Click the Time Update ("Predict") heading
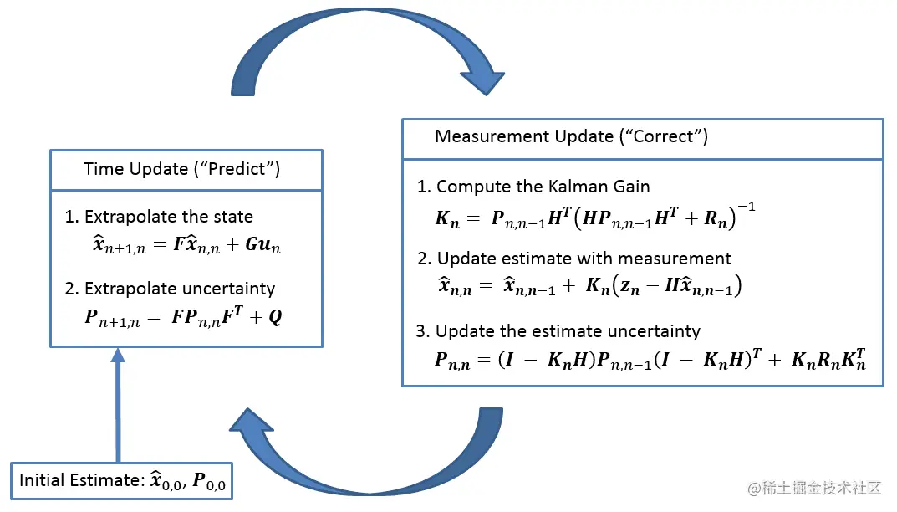[x=182, y=170]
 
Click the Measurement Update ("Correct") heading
[x=571, y=136]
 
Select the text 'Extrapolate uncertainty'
[x=179, y=289]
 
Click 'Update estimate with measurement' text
[x=584, y=259]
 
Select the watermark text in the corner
[x=814, y=487]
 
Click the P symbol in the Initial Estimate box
[x=199, y=481]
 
